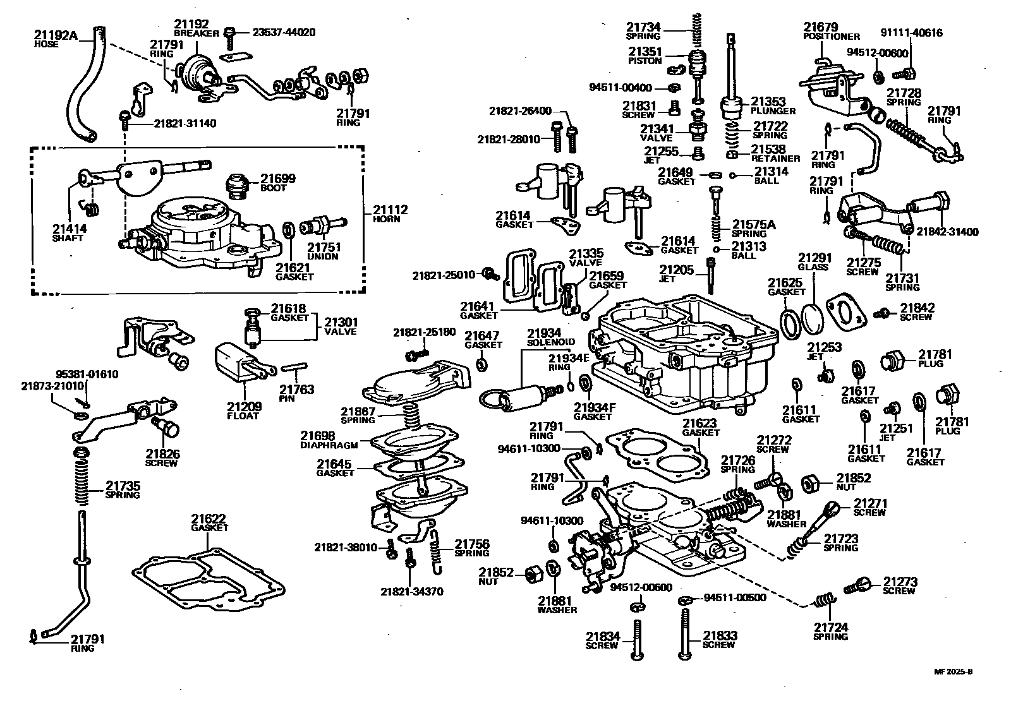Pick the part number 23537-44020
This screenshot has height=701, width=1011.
click(284, 32)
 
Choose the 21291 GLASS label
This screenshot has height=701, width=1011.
click(814, 262)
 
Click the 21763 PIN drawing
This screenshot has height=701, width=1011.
click(293, 366)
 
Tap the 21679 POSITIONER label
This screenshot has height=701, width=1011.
click(831, 31)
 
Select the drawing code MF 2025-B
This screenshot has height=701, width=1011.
click(955, 672)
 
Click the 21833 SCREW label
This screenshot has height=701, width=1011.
click(720, 640)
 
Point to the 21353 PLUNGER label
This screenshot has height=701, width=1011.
click(773, 105)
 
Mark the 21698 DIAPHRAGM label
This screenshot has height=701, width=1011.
click(329, 440)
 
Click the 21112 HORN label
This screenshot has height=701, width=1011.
click(390, 213)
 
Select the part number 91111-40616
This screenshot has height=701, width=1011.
click(911, 32)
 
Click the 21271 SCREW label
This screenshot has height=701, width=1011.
click(870, 507)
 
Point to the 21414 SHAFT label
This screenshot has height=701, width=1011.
click(70, 232)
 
